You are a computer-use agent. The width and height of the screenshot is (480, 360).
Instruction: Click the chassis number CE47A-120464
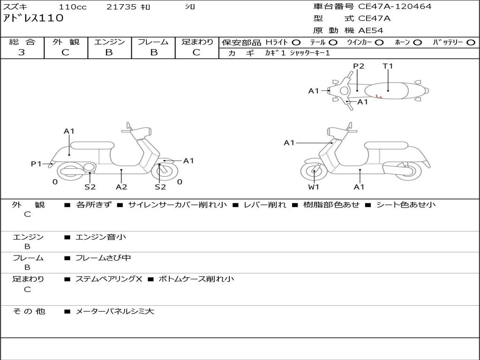click(395, 7)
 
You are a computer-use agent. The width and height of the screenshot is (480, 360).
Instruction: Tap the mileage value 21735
click(121, 7)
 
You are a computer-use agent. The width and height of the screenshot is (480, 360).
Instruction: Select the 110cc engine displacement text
click(73, 7)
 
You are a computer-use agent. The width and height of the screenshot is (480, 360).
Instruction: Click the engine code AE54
click(371, 30)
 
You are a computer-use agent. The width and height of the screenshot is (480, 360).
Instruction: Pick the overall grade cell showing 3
click(22, 52)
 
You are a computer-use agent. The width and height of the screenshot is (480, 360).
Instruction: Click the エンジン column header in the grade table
click(109, 42)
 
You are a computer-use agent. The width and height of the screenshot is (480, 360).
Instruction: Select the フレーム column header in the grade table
click(153, 42)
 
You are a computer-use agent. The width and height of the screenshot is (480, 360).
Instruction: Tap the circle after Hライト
click(296, 42)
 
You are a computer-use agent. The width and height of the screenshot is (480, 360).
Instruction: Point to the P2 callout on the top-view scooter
click(359, 66)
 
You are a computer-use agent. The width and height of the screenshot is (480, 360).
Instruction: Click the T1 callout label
click(388, 66)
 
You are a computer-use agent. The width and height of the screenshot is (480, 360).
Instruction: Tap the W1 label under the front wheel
click(314, 187)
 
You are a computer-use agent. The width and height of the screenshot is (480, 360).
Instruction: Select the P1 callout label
click(36, 164)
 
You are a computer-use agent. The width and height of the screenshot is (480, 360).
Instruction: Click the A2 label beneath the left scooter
click(121, 187)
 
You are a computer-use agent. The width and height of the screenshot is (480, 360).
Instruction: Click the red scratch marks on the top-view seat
click(379, 97)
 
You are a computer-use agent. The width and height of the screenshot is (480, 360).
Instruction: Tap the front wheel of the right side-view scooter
click(314, 172)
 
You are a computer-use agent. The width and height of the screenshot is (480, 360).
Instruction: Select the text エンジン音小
click(101, 237)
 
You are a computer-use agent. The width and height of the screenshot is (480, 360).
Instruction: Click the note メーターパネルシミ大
click(115, 311)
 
